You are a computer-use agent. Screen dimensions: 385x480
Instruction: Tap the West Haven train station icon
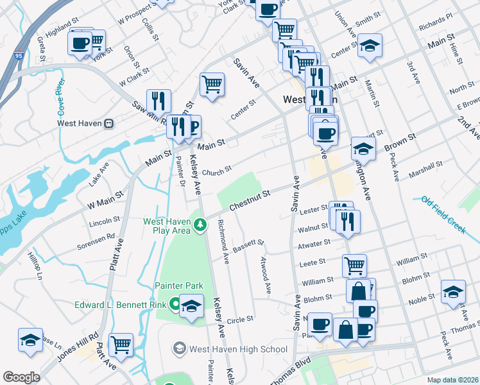[x=109, y=123]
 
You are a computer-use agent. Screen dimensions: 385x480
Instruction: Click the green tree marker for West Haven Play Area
[x=201, y=225]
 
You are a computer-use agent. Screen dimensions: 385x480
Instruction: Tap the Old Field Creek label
[x=443, y=214]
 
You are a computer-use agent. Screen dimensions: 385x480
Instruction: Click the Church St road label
[x=216, y=172]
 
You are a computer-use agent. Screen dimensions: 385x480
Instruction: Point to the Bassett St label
[x=249, y=246]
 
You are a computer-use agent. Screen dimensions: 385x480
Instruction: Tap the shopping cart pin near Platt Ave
[x=121, y=343]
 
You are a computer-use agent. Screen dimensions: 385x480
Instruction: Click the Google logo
[x=21, y=377]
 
